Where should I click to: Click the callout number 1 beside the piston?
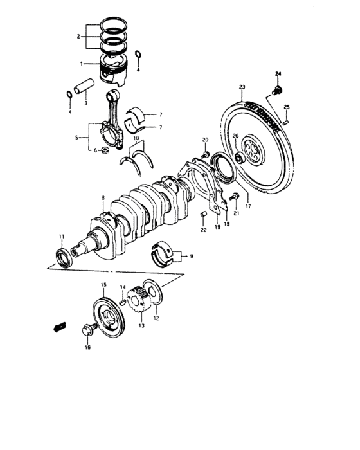coord(82,64)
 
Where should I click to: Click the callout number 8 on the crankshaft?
coord(102,198)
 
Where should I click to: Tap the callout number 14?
coord(122,287)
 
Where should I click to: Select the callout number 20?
coord(206,139)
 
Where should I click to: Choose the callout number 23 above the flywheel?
coord(242,87)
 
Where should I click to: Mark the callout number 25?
coord(287,107)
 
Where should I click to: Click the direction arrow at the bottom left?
coord(59,327)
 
